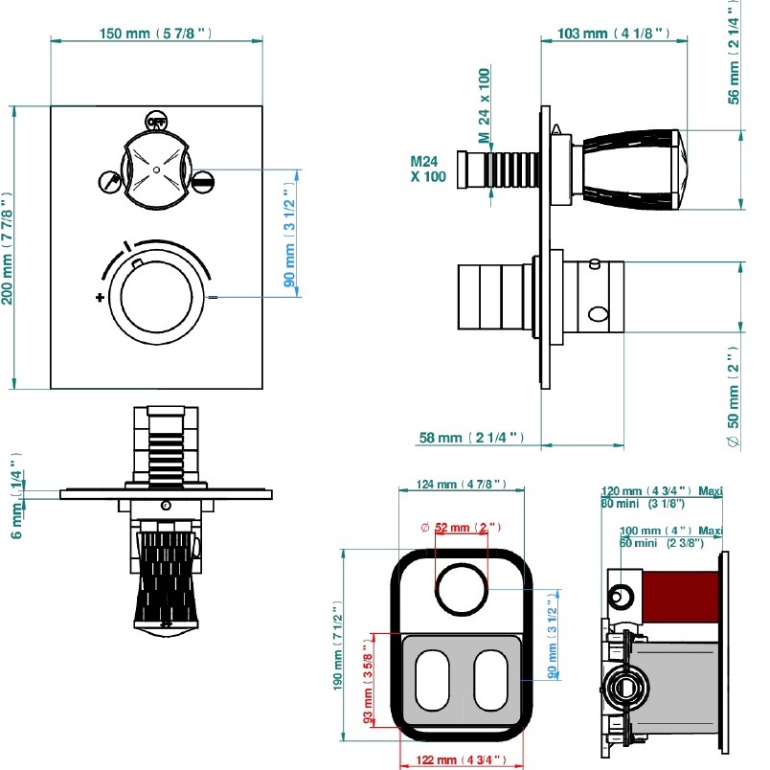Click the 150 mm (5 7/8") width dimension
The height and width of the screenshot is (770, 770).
(x=155, y=34)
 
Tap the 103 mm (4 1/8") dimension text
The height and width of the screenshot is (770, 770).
(x=612, y=34)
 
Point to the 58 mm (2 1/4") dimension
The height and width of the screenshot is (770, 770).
(x=471, y=438)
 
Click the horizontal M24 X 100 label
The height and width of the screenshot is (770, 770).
(x=427, y=169)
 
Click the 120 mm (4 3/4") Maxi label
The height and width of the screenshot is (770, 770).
(x=661, y=491)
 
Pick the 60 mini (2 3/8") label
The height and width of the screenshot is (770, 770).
(x=661, y=543)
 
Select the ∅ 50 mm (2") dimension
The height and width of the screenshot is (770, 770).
(x=732, y=402)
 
